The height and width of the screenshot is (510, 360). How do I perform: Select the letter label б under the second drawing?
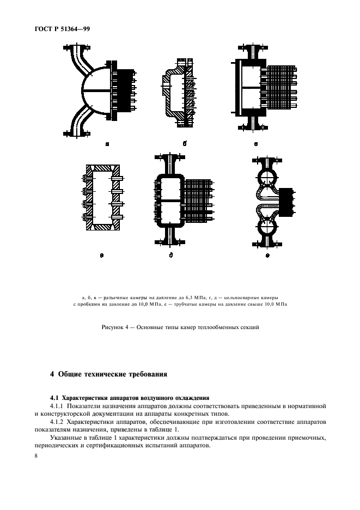185,144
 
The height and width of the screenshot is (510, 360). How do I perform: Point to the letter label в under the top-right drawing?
255,144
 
